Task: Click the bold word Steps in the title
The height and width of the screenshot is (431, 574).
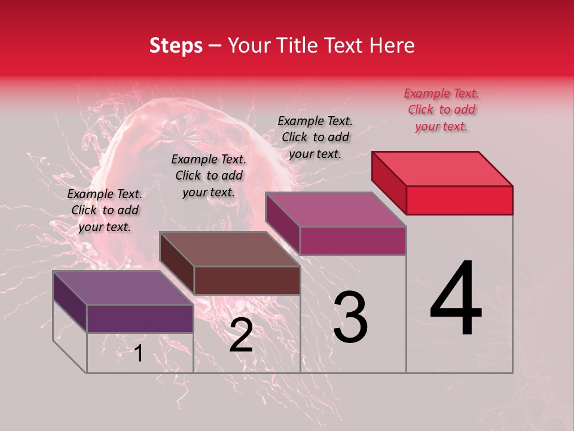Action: click(176, 45)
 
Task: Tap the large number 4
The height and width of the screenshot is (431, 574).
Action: click(456, 299)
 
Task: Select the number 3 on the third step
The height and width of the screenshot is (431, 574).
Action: click(350, 317)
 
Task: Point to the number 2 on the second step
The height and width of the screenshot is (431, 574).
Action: click(241, 336)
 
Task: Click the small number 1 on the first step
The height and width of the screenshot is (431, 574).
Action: click(139, 353)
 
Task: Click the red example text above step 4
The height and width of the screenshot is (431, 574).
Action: click(441, 110)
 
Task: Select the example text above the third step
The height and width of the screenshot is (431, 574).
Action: click(315, 137)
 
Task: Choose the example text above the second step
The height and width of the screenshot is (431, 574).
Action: click(209, 175)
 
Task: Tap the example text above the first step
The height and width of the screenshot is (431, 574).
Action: click(105, 210)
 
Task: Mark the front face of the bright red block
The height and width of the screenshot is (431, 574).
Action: click(459, 200)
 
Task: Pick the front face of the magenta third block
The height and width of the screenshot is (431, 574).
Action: click(353, 241)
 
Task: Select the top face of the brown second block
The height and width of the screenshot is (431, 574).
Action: click(230, 249)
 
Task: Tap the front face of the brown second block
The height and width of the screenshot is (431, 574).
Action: click(247, 280)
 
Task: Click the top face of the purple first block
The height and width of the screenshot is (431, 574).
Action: click(123, 288)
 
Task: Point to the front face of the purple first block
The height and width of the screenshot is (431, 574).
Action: click(140, 318)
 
